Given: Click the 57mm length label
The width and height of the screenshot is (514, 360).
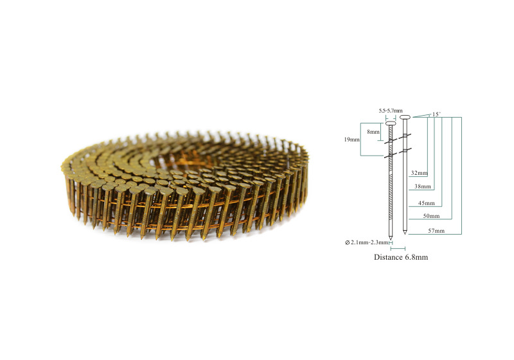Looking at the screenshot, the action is tap(436, 231).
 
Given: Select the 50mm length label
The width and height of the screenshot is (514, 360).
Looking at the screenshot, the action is tap(431, 216).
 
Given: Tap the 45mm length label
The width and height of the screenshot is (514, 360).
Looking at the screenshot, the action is tap(426, 203).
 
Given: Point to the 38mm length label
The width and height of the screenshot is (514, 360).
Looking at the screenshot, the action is tap(423, 186).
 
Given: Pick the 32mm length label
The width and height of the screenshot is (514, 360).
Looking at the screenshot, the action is tap(420, 173).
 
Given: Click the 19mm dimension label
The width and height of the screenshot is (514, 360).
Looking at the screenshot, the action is tap(351, 139).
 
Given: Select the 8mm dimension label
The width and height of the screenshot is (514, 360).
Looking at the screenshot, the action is tap(373, 132).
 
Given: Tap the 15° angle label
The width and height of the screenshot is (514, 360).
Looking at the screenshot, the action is tap(436, 114).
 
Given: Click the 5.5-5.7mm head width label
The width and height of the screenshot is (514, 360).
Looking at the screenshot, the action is tap(391, 111).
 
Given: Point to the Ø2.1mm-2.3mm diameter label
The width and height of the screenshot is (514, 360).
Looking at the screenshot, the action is tap(366, 242).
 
